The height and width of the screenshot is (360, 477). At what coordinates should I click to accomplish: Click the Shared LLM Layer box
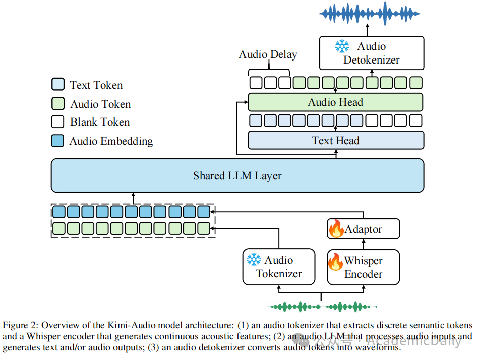[237, 175]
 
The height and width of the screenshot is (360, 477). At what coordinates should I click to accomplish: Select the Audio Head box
[335, 102]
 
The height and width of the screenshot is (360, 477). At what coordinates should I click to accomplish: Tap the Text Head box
[336, 140]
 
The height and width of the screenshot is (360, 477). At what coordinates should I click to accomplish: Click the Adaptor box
[364, 229]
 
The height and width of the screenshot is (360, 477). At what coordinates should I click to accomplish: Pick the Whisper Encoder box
[364, 267]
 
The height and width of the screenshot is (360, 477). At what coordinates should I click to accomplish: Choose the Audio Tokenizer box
[279, 267]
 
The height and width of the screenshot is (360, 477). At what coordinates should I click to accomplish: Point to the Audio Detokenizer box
[372, 53]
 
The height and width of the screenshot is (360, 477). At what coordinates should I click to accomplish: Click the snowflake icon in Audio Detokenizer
[342, 46]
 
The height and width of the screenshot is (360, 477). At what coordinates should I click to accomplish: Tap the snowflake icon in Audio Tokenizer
[254, 260]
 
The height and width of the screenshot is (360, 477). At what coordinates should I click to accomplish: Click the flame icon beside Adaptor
[336, 229]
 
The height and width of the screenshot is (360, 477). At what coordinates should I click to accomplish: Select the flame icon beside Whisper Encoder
[335, 261]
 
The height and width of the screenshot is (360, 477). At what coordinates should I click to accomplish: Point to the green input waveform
[321, 307]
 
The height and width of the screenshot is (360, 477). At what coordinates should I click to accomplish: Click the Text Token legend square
[58, 84]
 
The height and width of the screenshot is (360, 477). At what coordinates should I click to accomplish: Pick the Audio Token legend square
[58, 103]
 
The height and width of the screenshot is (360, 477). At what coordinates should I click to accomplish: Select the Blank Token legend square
[58, 122]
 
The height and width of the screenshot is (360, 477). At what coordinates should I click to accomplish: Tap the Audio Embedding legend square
[58, 141]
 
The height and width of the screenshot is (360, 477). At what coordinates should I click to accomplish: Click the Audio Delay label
[268, 54]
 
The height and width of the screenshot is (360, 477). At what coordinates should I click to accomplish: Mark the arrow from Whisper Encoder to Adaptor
[364, 245]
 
